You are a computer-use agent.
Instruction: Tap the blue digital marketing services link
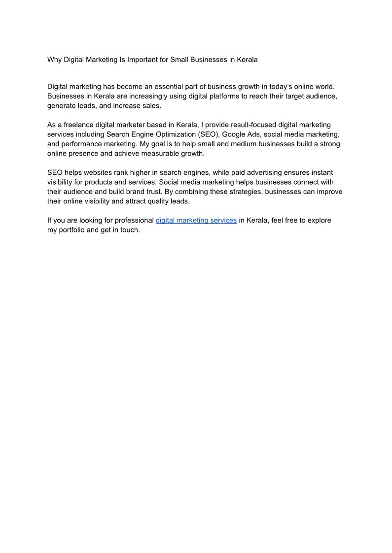tap(196, 220)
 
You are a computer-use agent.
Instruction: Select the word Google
tap(235, 134)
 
